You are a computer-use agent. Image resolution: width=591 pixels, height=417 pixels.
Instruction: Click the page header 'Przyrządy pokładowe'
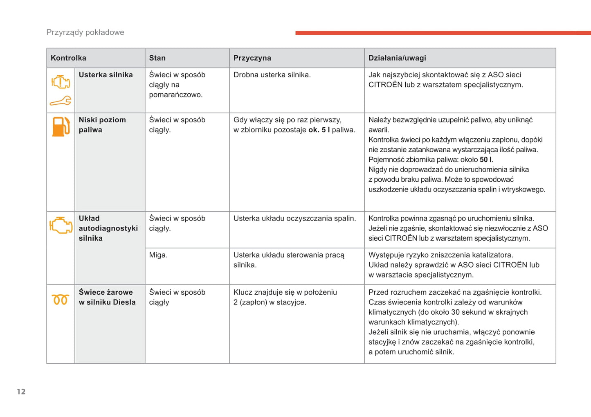point(85,32)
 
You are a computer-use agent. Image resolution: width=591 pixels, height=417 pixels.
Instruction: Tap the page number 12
point(21,392)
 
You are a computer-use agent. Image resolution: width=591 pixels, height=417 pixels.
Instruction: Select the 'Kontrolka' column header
point(68,58)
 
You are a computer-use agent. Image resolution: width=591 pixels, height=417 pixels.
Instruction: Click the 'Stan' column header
point(157,58)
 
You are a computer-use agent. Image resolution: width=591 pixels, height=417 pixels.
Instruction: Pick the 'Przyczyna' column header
point(252,58)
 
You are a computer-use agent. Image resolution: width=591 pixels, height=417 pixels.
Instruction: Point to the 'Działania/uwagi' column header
point(397,58)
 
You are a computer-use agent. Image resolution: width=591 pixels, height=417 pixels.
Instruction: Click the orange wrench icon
point(61,101)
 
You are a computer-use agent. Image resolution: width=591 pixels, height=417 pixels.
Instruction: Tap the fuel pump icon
point(61,126)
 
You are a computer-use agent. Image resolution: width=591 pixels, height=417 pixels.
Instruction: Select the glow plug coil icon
point(61,300)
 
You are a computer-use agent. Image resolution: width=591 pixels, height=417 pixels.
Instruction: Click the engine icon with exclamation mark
point(61,82)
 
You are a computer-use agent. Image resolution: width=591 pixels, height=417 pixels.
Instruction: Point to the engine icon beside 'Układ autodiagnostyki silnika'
point(61,225)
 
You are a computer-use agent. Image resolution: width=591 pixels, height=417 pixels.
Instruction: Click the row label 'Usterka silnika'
point(106,75)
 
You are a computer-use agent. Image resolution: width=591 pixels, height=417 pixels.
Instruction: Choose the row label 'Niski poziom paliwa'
point(102,125)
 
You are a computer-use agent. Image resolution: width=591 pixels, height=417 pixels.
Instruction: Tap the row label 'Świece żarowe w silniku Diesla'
point(107,297)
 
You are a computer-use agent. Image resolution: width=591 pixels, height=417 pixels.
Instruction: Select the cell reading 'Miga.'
point(158,255)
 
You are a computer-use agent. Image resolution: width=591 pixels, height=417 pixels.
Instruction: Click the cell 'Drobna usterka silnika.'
point(272,75)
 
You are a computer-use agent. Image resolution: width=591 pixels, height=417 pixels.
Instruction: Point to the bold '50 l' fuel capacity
point(485,160)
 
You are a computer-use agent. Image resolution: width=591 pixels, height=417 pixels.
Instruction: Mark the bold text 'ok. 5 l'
point(319,130)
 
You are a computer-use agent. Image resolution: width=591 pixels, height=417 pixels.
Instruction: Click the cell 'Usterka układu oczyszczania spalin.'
point(294,219)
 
